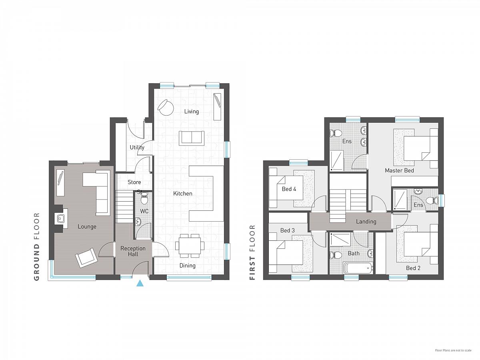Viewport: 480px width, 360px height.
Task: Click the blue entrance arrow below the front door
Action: pos(140,284)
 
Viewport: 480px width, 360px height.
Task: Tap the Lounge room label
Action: pos(87,227)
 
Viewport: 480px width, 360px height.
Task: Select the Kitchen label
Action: pos(183,194)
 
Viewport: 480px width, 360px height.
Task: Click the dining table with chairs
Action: pos(190,246)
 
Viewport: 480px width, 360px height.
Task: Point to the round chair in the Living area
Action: pos(166,107)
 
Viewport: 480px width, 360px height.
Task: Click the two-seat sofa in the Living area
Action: pos(191,138)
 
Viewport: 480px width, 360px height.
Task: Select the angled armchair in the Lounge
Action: pos(86,258)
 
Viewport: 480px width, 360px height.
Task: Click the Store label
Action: pos(134,182)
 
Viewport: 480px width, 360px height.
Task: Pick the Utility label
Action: pos(137,148)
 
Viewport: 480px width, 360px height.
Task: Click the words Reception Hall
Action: pos(133,251)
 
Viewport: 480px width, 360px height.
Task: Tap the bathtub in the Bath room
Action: pos(358,268)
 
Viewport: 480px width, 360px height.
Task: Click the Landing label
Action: pos(366,222)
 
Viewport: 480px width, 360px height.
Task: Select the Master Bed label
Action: pos(399,170)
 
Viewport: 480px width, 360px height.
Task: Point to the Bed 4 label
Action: pos(289,189)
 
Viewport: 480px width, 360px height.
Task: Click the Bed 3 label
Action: pos(287,230)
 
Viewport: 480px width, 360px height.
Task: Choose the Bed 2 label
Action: pos(413,268)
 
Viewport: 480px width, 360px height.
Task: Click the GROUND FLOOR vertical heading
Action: pos(37,246)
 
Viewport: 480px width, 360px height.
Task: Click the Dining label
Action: pos(188,266)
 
